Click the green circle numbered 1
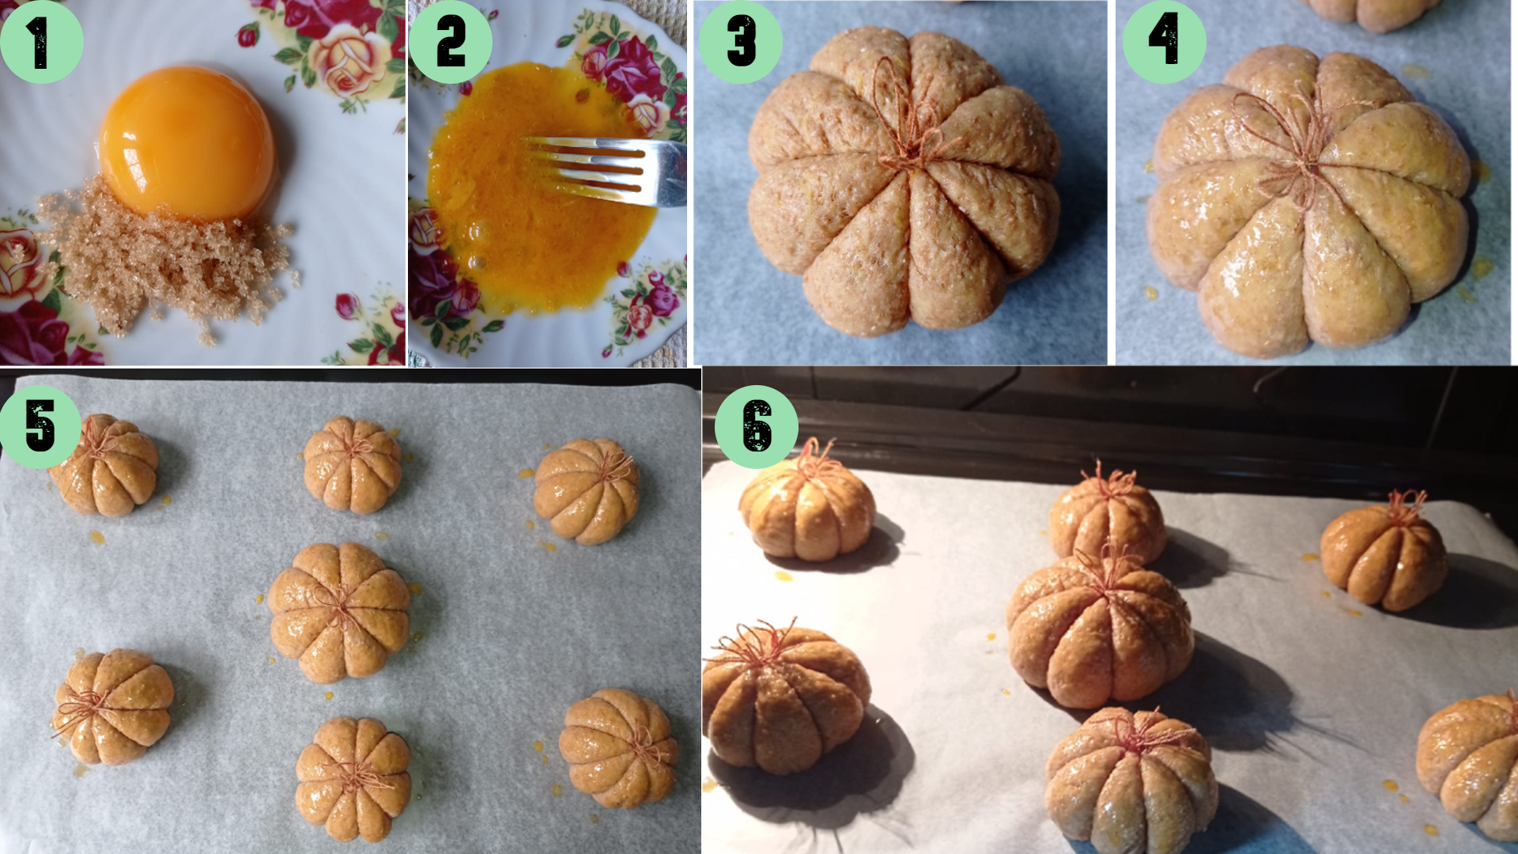click(x=41, y=42)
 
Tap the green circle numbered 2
click(x=451, y=42)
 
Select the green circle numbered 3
click(x=741, y=42)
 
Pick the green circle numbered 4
click(x=1164, y=42)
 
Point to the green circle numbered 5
click(x=40, y=427)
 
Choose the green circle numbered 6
click(x=757, y=427)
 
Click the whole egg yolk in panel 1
click(x=187, y=141)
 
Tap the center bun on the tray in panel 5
click(x=339, y=612)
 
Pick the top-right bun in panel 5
click(x=586, y=490)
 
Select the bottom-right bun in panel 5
click(x=618, y=747)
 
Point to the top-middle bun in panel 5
click(x=352, y=465)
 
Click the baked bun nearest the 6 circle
click(x=806, y=510)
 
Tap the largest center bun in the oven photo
click(x=1099, y=633)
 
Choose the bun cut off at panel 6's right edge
click(x=1471, y=763)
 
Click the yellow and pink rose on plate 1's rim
click(x=344, y=59)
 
